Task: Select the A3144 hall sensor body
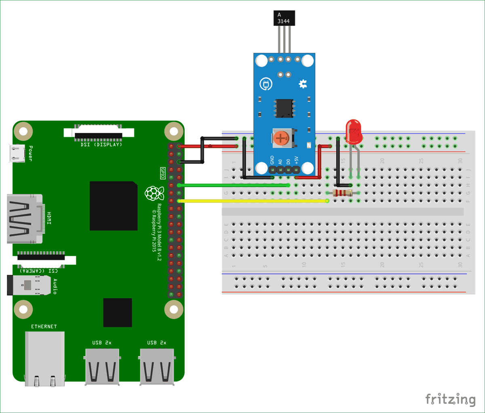pos(284,18)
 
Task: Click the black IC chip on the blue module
pos(284,108)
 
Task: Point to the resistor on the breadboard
pos(342,193)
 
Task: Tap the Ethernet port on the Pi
pos(44,358)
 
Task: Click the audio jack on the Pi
pos(28,285)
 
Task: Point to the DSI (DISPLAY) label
pos(101,145)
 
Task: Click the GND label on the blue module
pos(272,160)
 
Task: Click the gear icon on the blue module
pos(302,84)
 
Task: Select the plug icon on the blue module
pos(266,84)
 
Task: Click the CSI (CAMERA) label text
pos(39,270)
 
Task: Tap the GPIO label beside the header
pos(163,173)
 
